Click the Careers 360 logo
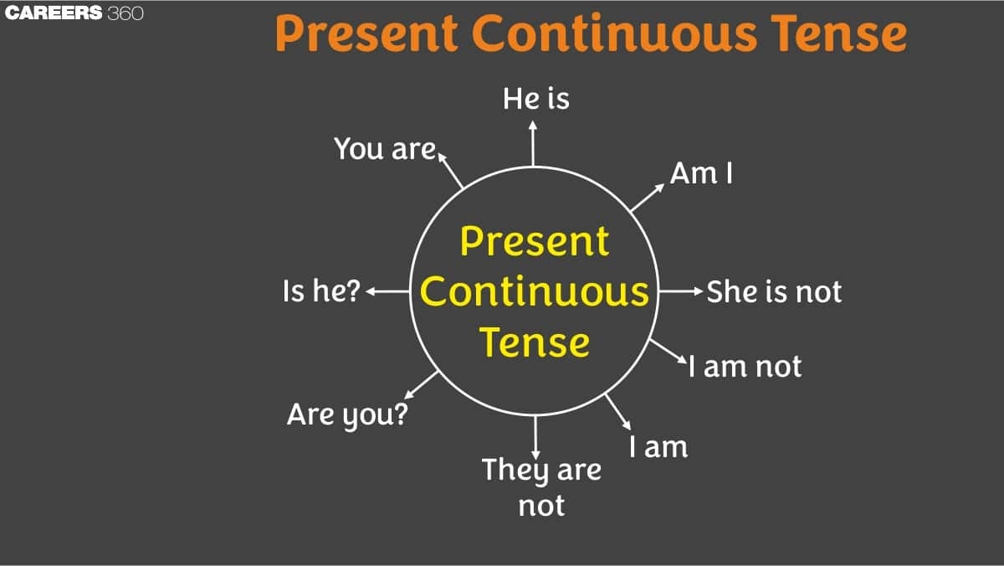click(74, 13)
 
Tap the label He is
click(535, 99)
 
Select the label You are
click(385, 148)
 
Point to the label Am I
click(701, 173)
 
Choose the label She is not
click(774, 292)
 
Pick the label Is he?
click(321, 292)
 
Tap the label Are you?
click(347, 414)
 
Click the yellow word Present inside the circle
click(535, 242)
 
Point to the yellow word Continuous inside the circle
click(535, 292)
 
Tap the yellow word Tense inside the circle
click(535, 342)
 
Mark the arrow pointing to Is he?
click(387, 292)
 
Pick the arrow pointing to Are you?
click(422, 385)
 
